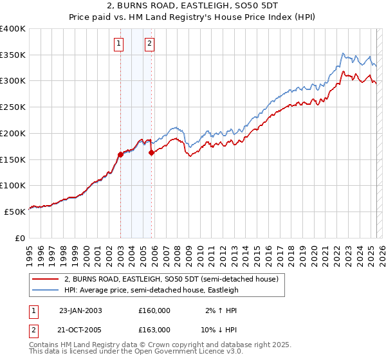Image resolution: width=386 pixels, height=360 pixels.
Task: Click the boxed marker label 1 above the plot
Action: coord(120,44)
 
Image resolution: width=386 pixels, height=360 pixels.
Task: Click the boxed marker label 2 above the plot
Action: coord(149,44)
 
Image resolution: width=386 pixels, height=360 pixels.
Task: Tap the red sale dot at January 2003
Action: coord(120,154)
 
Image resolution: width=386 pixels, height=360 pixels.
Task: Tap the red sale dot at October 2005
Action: coord(152,153)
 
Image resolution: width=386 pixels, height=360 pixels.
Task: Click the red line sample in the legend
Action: coord(45,280)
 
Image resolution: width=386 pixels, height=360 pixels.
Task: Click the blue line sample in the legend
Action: coord(45,290)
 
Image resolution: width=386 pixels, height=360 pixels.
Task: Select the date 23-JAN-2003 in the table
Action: coord(80,310)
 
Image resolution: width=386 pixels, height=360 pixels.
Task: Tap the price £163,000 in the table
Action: coord(154,329)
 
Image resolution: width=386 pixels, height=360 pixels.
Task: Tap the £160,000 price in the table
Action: coord(154,310)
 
